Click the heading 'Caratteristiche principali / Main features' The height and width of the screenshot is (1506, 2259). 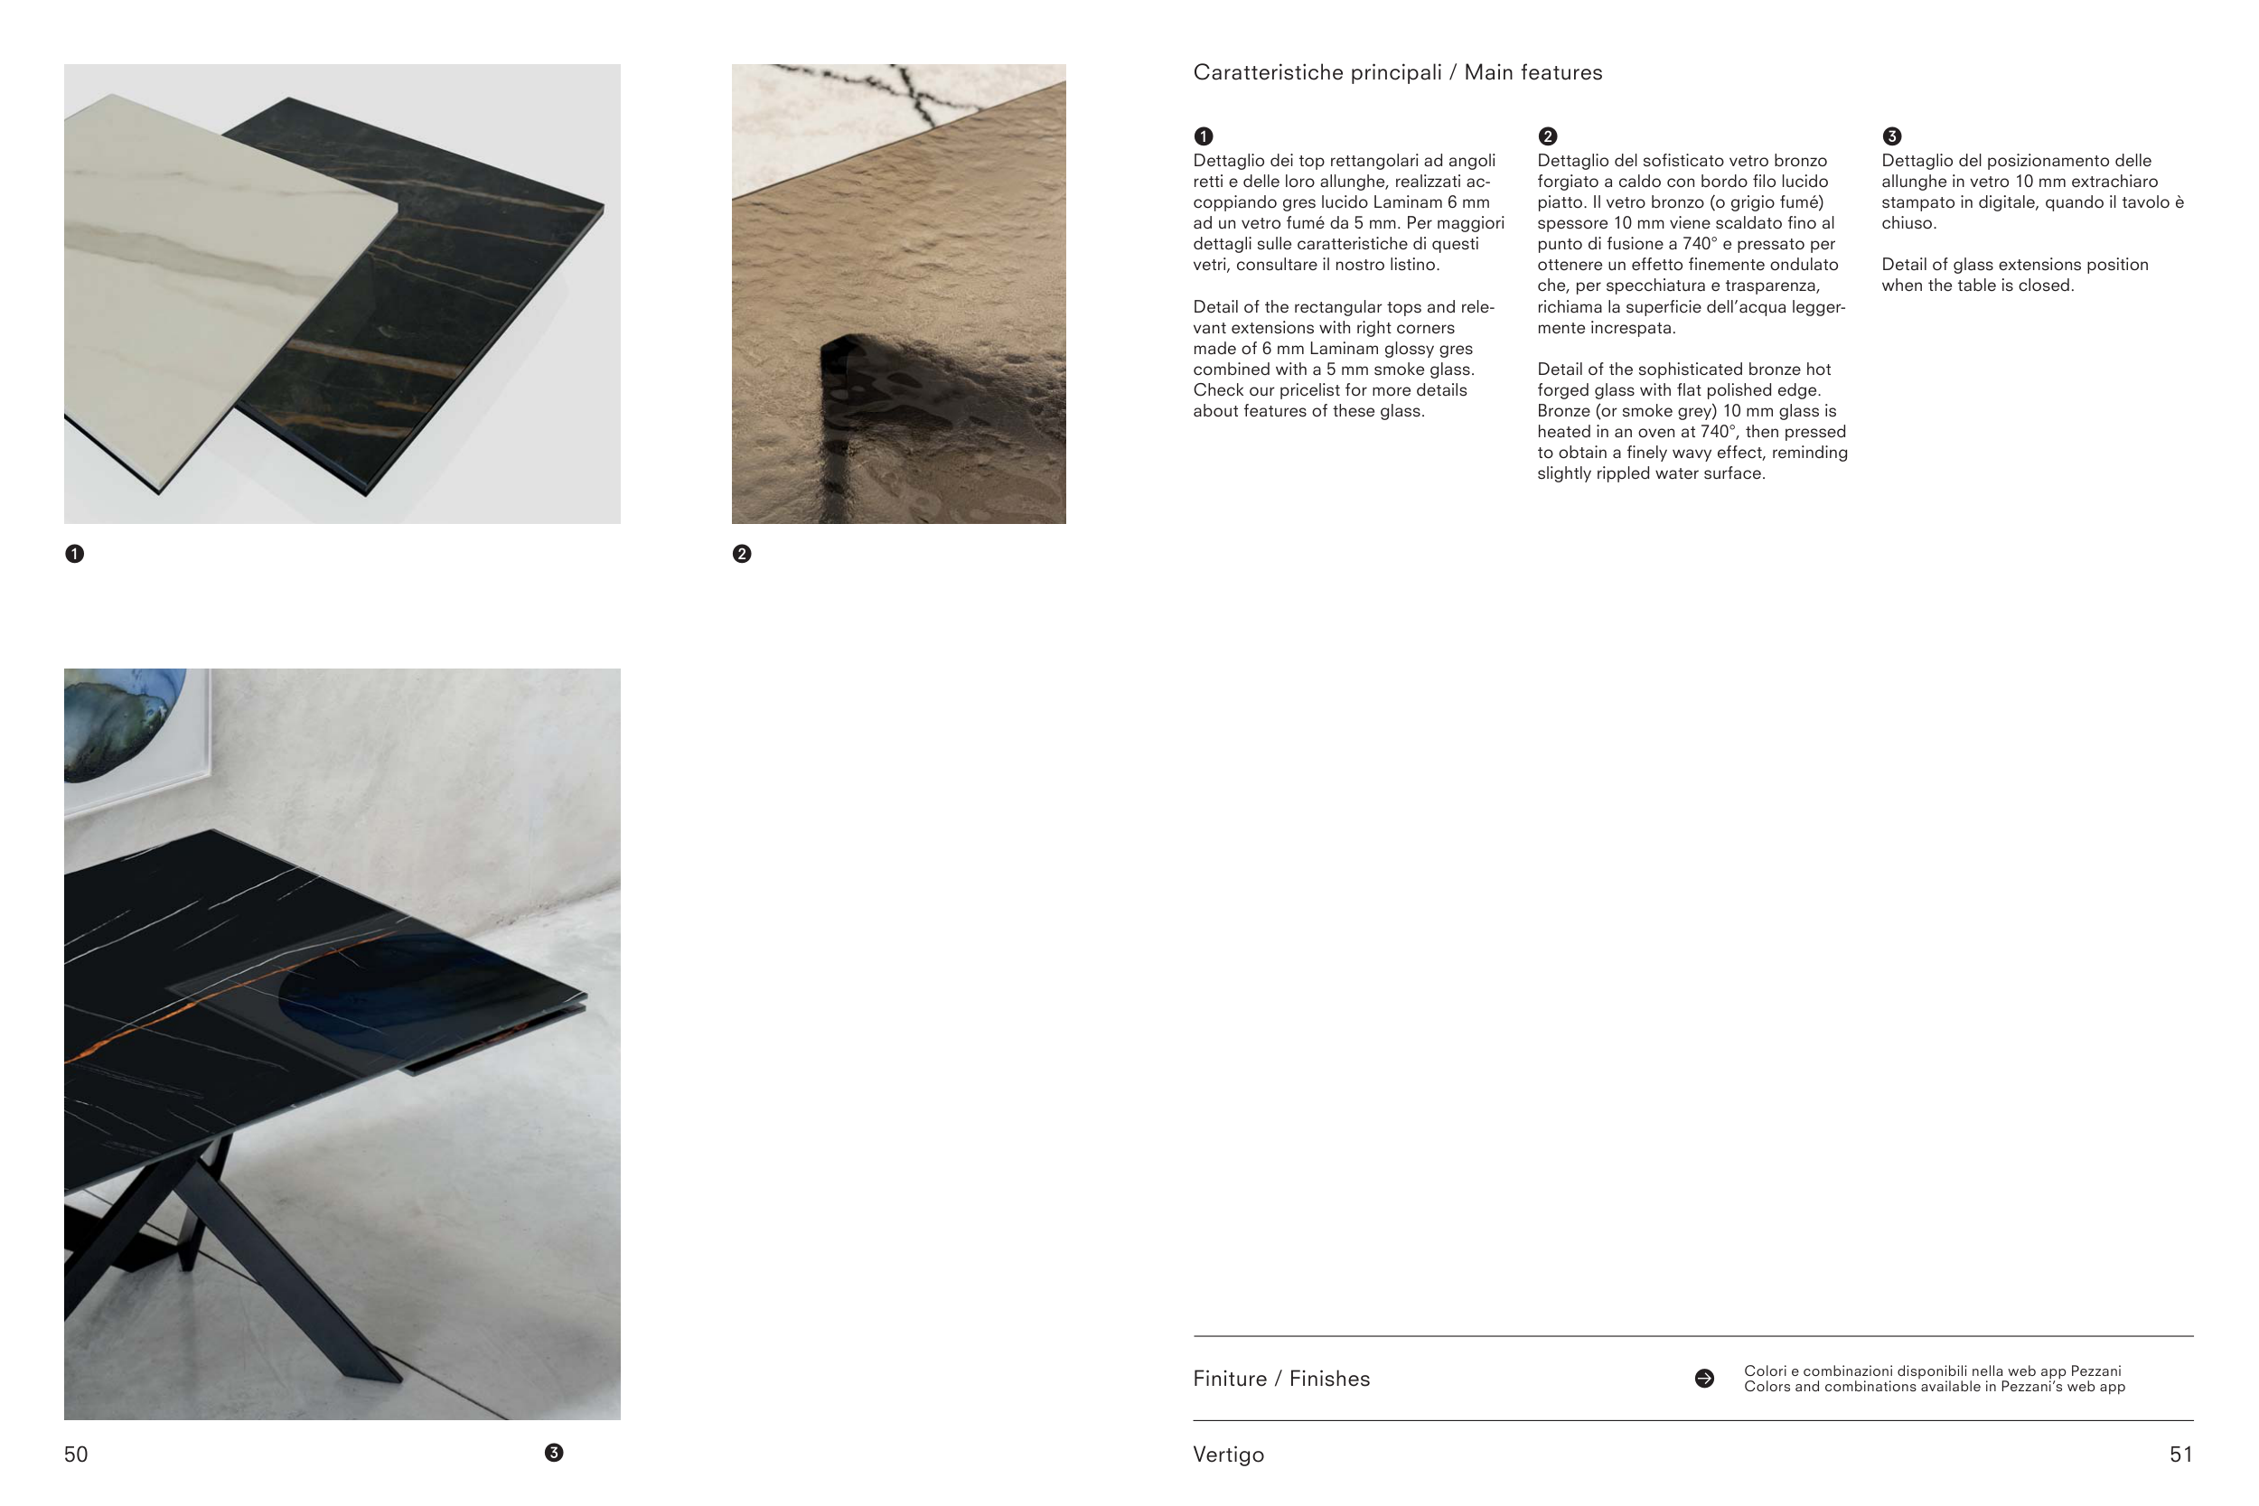[x=1398, y=73]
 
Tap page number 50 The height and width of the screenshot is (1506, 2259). [x=76, y=1455]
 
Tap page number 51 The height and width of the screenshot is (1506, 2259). [x=2181, y=1455]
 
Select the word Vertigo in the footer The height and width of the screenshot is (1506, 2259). [x=1228, y=1455]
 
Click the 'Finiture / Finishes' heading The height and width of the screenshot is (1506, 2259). [x=1281, y=1380]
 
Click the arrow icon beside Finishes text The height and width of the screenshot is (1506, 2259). [x=1705, y=1379]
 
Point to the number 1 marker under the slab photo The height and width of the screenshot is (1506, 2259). [x=74, y=554]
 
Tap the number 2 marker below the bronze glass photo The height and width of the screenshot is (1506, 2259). [x=742, y=554]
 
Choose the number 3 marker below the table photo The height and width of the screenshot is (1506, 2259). [x=554, y=1454]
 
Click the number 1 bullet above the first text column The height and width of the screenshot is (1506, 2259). [x=1204, y=136]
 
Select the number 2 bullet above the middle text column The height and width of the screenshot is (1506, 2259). [x=1547, y=136]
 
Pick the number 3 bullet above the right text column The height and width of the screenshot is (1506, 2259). [x=1892, y=136]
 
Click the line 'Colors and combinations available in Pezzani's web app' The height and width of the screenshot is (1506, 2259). [x=1935, y=1387]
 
